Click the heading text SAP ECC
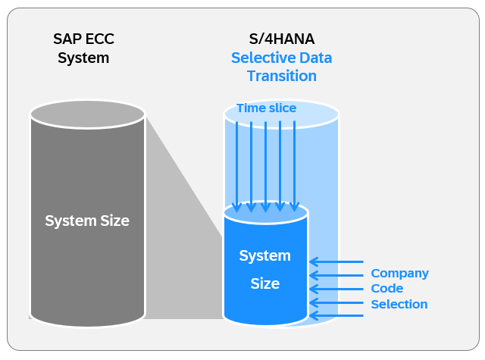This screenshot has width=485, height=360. click(x=83, y=40)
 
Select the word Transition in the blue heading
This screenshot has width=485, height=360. click(x=281, y=76)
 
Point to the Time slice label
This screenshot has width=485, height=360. click(x=266, y=108)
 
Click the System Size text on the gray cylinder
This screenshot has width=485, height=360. click(x=87, y=221)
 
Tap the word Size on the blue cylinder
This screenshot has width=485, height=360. click(x=265, y=284)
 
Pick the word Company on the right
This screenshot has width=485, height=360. click(x=399, y=273)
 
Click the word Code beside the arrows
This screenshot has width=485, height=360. click(x=386, y=289)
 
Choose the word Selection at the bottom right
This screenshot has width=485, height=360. click(x=399, y=305)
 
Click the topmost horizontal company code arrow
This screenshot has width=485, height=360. click(x=336, y=262)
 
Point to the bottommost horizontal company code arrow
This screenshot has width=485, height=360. click(x=336, y=316)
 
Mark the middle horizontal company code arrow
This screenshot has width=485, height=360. click(x=336, y=289)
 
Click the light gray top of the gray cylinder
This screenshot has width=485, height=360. click(x=87, y=114)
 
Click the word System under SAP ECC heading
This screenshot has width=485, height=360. click(x=83, y=58)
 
